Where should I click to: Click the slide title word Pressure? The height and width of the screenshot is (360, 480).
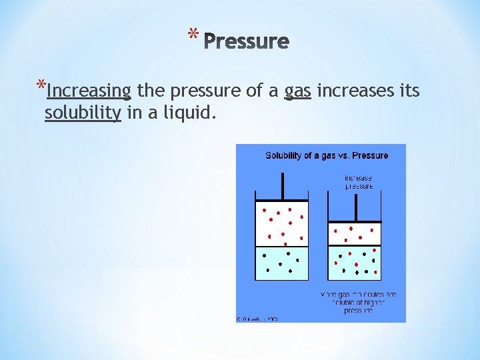(246, 42)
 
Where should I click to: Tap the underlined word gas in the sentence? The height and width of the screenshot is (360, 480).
(298, 91)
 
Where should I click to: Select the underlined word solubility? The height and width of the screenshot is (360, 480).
(83, 113)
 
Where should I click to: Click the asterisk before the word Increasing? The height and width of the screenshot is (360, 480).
(41, 87)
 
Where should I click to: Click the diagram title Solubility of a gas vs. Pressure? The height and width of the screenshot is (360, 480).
(327, 156)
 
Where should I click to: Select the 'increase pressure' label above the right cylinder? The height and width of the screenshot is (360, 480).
(359, 182)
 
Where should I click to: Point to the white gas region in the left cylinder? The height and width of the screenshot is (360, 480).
(283, 223)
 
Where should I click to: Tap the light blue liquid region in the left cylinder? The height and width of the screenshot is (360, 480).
(283, 263)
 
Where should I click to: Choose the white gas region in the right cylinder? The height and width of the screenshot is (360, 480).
(355, 234)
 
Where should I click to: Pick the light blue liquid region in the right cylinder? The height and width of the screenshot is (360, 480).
(355, 263)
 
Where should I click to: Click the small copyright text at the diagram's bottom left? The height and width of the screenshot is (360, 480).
(257, 319)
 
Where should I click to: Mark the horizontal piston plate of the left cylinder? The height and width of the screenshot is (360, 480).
(283, 201)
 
